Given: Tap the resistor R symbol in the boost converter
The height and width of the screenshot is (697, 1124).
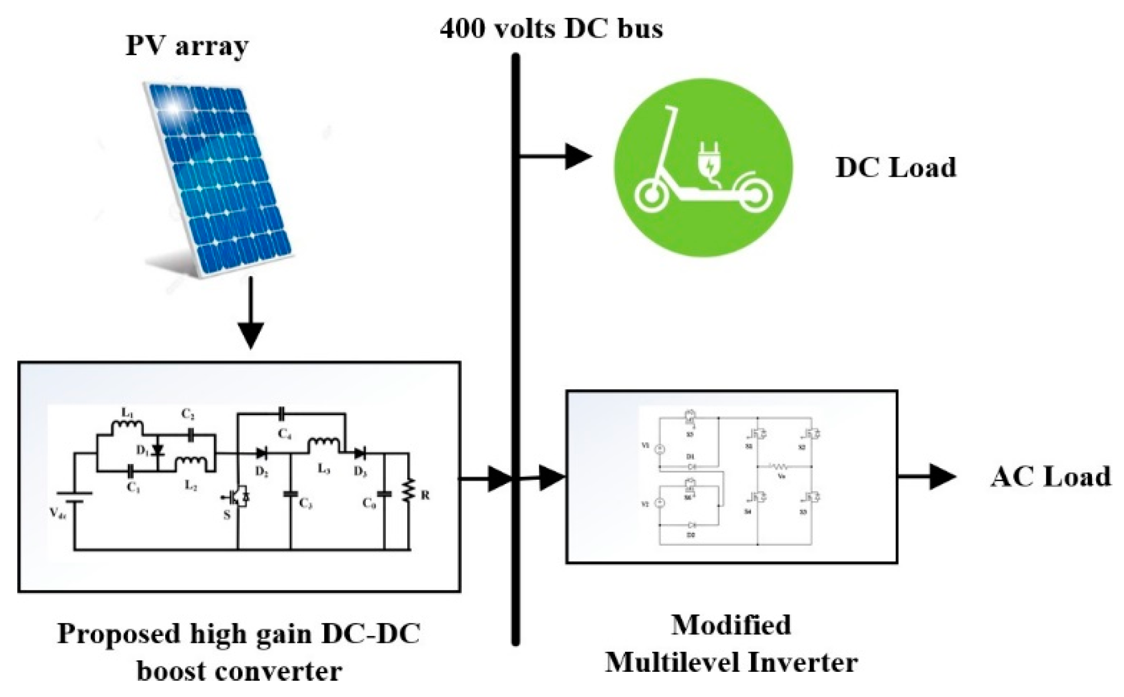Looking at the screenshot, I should [x=409, y=490].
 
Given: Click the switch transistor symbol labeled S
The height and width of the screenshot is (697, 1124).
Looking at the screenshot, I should [x=239, y=497].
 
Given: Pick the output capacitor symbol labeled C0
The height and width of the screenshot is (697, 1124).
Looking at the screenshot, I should [x=385, y=494].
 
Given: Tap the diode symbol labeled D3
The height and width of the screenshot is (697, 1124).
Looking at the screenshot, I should [x=360, y=453].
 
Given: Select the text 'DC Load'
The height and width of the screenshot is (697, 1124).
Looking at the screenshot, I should [x=895, y=167].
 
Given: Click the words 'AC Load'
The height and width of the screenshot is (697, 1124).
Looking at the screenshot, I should [x=1051, y=477].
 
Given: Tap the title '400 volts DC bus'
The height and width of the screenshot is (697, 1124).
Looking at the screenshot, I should [x=551, y=28].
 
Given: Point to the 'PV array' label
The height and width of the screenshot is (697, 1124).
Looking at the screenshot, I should [x=187, y=46].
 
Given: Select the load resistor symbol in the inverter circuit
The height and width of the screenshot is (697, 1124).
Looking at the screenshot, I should [x=778, y=466].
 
